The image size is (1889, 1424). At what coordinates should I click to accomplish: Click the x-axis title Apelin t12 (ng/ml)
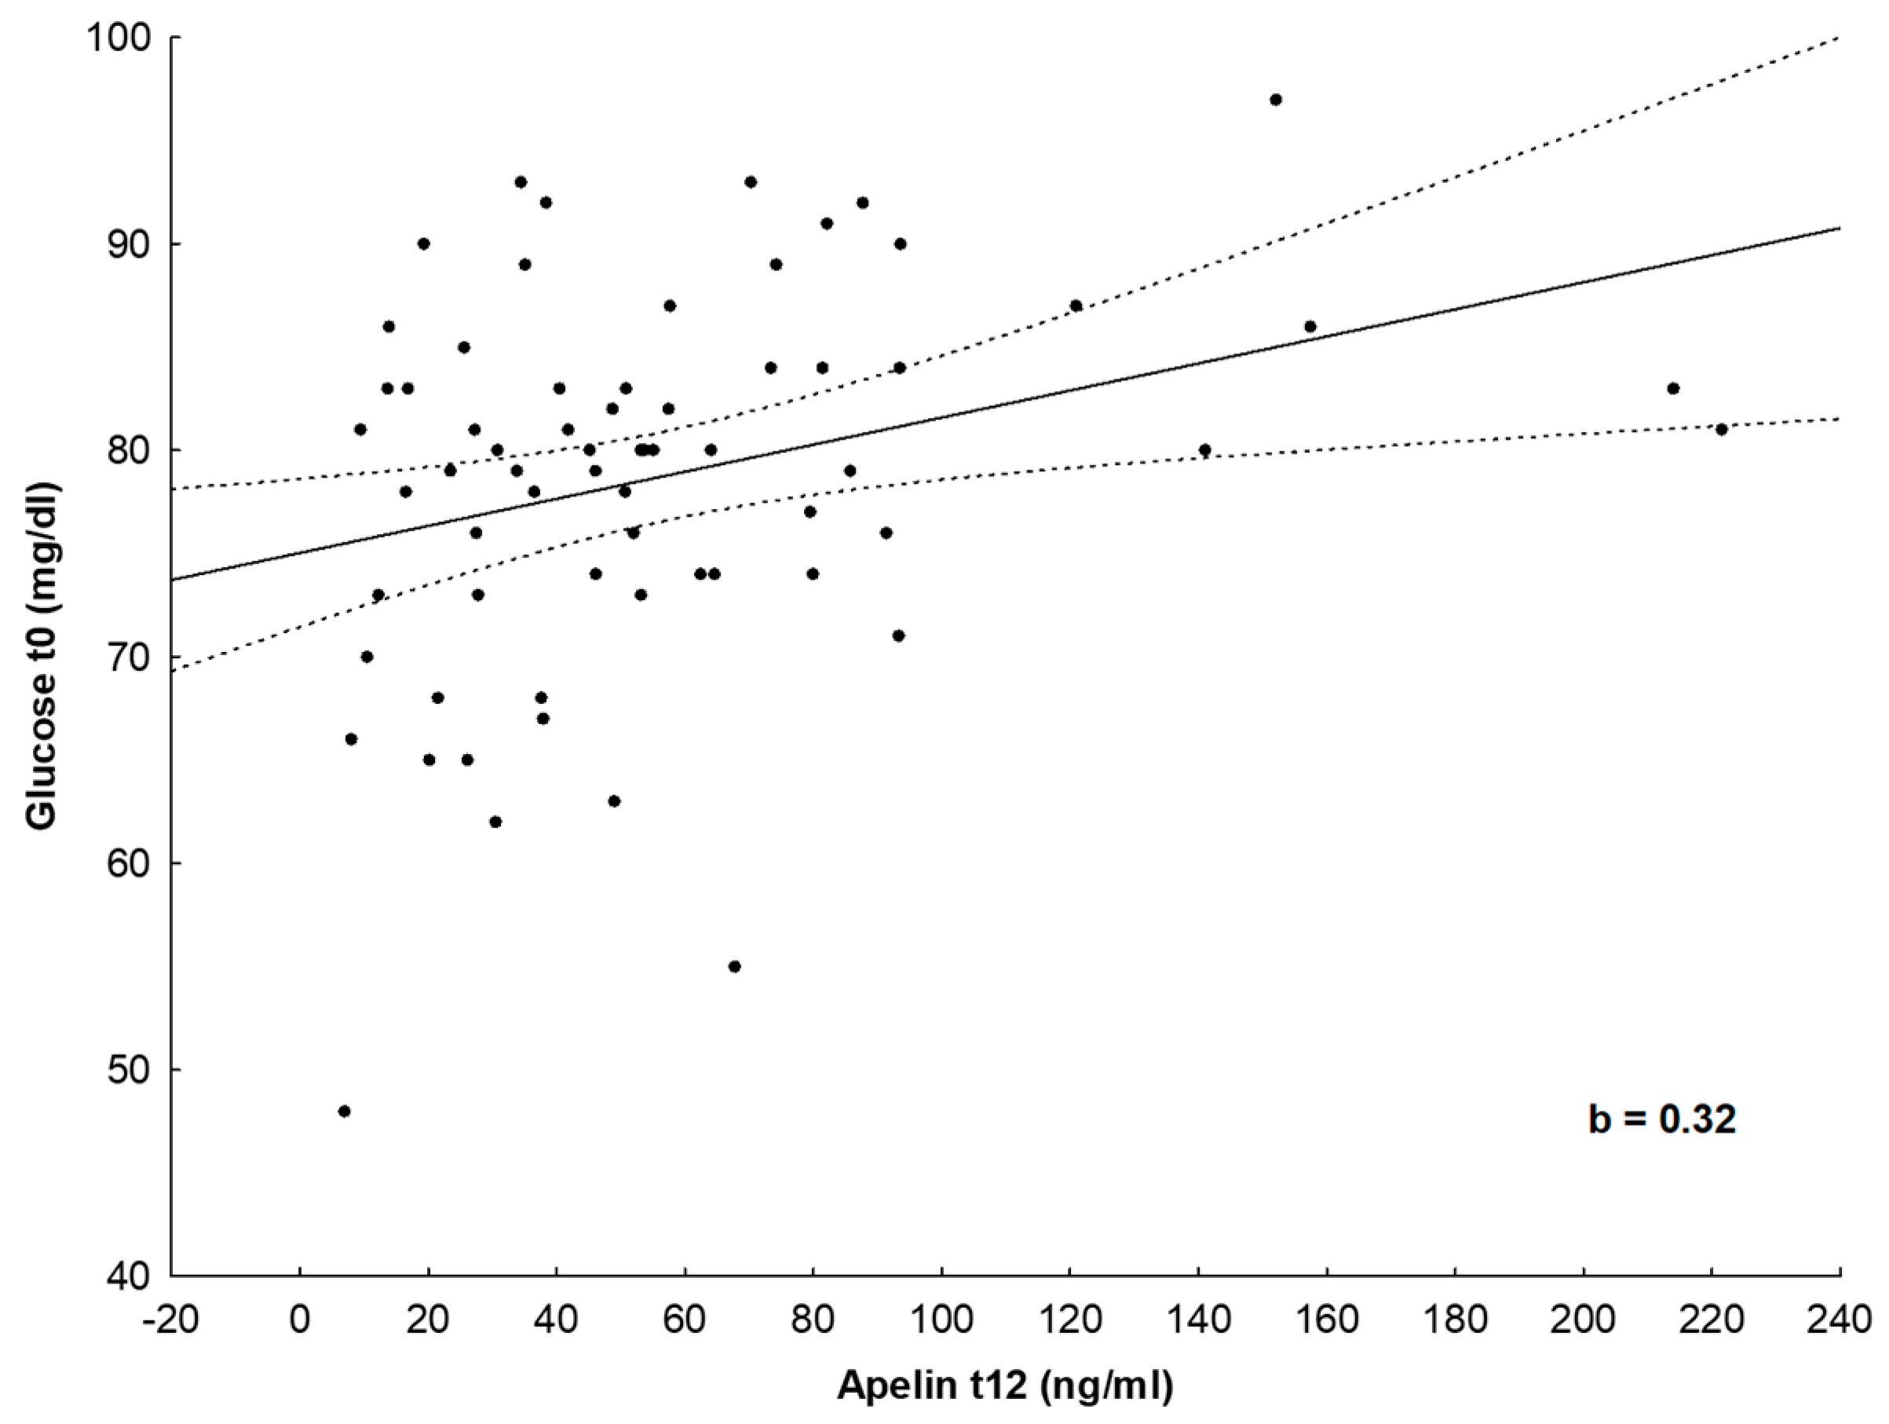[1005, 1386]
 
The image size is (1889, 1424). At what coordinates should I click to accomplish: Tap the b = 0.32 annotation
[1661, 1119]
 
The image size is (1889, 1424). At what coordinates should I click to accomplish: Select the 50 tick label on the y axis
[128, 1070]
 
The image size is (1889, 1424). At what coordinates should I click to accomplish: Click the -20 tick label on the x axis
[171, 1320]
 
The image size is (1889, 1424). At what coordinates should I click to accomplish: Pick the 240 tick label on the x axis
[1839, 1320]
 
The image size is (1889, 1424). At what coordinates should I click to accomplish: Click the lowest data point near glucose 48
[344, 1111]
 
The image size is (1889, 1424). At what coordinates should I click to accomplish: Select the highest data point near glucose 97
[1276, 100]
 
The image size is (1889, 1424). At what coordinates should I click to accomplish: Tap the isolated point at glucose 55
[734, 967]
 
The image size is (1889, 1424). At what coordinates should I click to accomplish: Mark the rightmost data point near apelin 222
[1722, 430]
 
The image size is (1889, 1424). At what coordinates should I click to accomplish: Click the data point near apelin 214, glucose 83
[1673, 389]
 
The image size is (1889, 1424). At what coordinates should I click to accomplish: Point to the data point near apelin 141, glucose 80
[1205, 450]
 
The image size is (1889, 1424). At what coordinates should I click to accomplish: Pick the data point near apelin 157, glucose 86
[1310, 326]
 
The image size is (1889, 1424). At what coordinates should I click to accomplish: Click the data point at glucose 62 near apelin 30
[495, 822]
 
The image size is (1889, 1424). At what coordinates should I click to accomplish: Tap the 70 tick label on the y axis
[128, 657]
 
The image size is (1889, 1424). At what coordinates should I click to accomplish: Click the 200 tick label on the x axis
[1584, 1320]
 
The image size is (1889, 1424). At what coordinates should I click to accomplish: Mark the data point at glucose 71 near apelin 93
[898, 635]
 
